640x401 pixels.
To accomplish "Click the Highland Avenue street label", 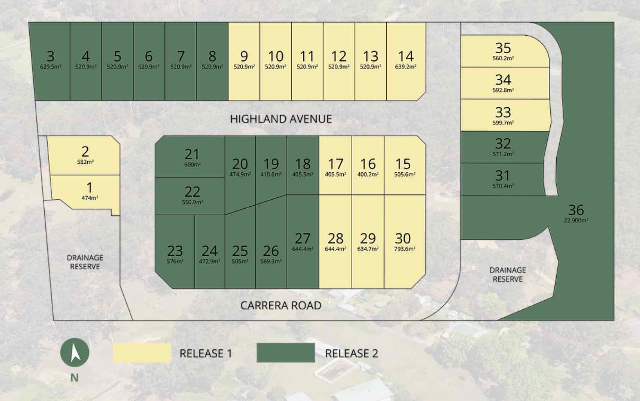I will (281, 119).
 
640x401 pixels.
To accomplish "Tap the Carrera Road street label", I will (281, 305).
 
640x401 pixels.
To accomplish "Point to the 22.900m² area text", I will (576, 220).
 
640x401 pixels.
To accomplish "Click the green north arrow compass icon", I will (74, 352).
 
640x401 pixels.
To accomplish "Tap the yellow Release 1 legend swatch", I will (142, 352).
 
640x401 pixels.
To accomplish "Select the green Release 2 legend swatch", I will (285, 352).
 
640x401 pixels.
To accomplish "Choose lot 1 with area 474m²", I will (89, 191).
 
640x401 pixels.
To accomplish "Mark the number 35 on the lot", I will (503, 48).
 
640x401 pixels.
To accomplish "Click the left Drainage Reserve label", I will (85, 262).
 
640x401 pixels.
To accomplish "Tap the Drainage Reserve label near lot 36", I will (507, 275).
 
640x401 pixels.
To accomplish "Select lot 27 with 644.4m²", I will (302, 242).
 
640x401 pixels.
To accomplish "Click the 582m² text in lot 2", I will (85, 162).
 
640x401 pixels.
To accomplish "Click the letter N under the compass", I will (74, 378).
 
